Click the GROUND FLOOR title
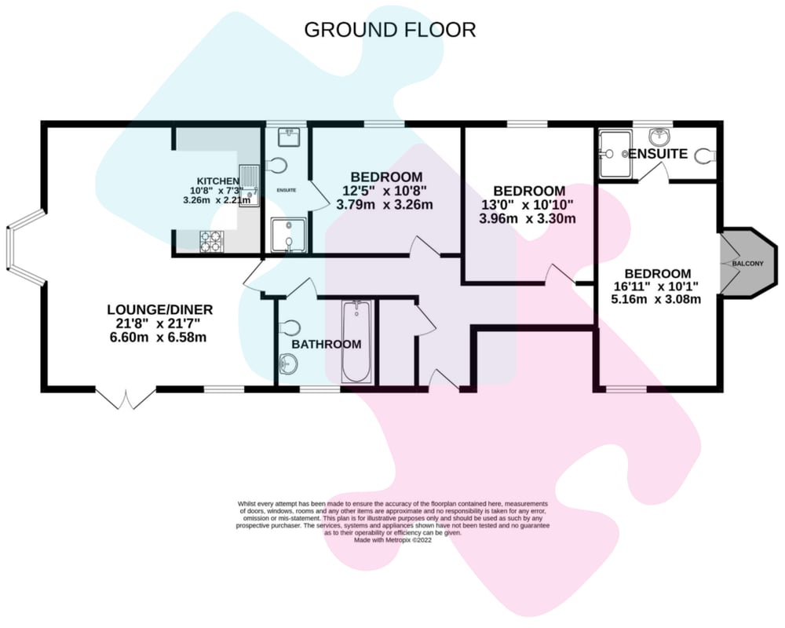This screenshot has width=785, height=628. point(390,30)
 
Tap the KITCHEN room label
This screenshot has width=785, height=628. point(217,181)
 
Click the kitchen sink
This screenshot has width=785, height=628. point(250,184)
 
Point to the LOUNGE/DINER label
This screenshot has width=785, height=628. point(160,309)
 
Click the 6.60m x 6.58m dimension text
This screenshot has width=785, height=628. point(159,337)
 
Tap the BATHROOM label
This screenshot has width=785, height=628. point(327,345)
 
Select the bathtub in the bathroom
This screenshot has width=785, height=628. point(356,341)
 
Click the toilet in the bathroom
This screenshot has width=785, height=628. point(290,327)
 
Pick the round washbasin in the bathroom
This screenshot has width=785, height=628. point(289,363)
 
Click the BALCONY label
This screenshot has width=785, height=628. point(747,264)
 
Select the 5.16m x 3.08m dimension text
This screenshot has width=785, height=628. point(655,299)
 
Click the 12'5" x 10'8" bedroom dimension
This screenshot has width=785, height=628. point(385,191)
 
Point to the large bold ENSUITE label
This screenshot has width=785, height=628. point(658,154)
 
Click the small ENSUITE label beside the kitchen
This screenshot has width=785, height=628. point(287,190)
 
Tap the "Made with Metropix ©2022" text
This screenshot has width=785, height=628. point(393,540)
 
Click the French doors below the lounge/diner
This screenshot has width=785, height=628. point(126,399)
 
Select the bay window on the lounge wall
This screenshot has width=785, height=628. point(25,247)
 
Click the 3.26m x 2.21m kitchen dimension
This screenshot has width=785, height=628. point(217,200)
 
